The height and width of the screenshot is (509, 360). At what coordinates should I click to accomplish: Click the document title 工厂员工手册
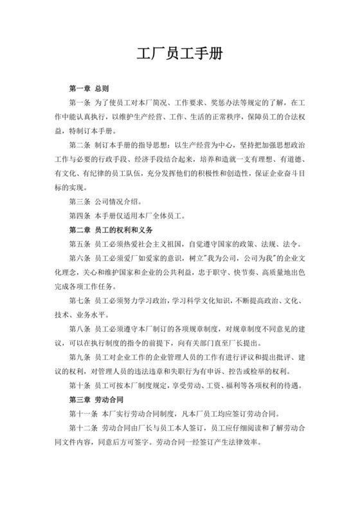[x=180, y=54]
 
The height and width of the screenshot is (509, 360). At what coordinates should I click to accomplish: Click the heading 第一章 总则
[x=89, y=87]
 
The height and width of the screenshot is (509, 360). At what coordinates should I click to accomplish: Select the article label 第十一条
[x=83, y=414]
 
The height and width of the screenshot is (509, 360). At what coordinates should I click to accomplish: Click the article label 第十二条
[x=83, y=428]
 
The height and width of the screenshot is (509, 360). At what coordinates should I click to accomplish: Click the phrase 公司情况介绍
[x=118, y=201]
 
